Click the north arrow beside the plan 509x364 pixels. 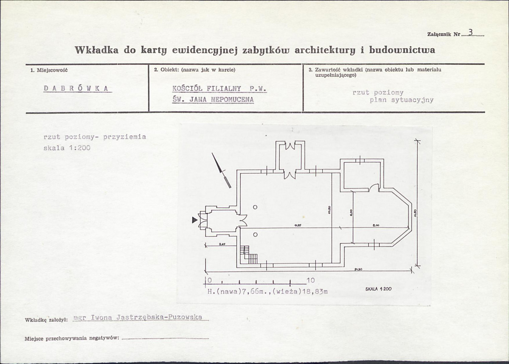click(x=221, y=169)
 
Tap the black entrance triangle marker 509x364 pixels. click(x=194, y=220)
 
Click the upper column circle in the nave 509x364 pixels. click(x=255, y=207)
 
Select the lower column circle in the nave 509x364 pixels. click(x=255, y=234)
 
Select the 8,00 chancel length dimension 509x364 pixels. click(x=376, y=225)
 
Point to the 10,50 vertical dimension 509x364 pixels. click(x=329, y=211)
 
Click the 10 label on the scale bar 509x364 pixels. click(x=310, y=280)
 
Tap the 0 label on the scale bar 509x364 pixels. click(x=210, y=280)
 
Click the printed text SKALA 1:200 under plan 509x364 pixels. click(x=378, y=289)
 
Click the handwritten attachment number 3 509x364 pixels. click(x=470, y=32)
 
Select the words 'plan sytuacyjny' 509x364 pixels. click(x=402, y=100)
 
